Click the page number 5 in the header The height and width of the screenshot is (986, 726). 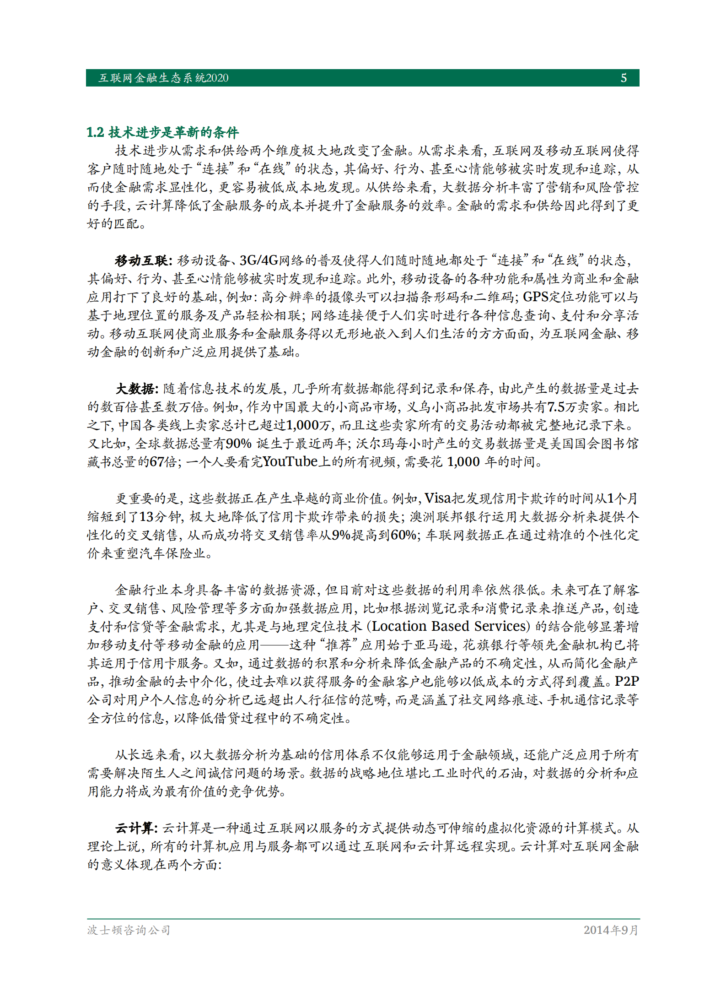[x=624, y=78]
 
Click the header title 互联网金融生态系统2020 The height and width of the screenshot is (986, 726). [x=163, y=78]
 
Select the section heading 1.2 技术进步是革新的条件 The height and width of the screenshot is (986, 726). [x=162, y=133]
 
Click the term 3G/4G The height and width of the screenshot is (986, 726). [x=259, y=261]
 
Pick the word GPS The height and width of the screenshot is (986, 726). [x=535, y=298]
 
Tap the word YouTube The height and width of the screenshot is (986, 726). [x=290, y=462]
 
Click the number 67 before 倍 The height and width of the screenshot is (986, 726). [x=157, y=462]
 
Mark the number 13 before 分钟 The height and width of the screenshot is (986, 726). [x=146, y=517]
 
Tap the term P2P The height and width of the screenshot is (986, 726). [x=627, y=682]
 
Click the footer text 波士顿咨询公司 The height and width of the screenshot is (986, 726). [x=129, y=930]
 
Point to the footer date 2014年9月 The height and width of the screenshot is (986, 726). [x=611, y=930]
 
